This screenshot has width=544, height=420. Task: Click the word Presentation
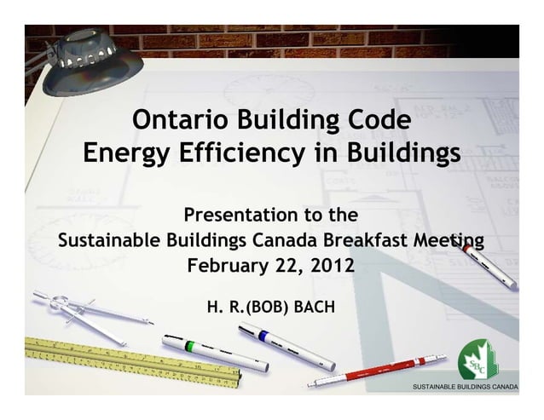[x=236, y=213]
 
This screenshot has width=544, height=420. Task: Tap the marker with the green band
[x=213, y=352]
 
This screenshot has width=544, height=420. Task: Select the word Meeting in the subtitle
[x=433, y=238]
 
